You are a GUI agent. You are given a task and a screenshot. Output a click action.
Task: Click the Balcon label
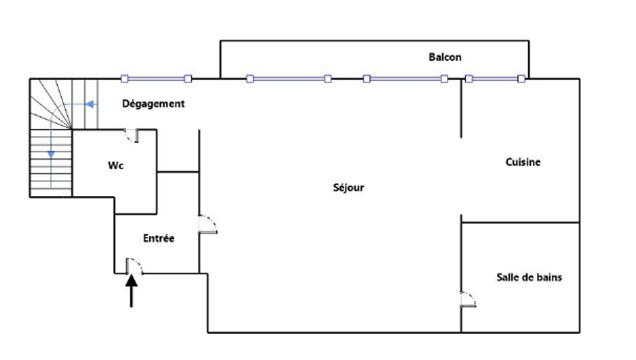click(x=445, y=57)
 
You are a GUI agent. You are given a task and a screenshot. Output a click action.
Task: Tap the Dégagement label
click(x=153, y=103)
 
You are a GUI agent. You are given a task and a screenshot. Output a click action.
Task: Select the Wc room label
click(x=115, y=165)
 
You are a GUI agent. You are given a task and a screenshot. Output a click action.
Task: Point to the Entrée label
click(x=158, y=239)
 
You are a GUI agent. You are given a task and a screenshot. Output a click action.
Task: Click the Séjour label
click(x=349, y=188)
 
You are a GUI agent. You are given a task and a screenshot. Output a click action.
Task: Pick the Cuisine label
click(x=523, y=162)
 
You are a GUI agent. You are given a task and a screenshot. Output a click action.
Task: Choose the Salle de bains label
click(x=529, y=277)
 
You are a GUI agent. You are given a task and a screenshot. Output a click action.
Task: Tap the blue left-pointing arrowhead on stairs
click(x=90, y=104)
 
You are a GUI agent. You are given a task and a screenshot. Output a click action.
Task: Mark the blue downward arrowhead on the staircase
click(x=51, y=153)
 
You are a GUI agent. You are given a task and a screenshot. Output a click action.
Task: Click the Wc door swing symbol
click(x=132, y=135)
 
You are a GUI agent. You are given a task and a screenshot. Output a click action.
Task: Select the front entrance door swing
click(x=134, y=266)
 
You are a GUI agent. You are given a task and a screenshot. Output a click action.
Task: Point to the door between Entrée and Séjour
click(x=207, y=225)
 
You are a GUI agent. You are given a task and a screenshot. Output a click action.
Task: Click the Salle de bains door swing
click(x=468, y=299)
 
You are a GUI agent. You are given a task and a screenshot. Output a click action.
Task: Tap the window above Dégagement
click(x=156, y=79)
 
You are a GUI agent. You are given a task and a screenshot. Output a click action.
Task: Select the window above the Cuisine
click(x=495, y=79)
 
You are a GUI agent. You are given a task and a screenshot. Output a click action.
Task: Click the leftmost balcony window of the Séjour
click(x=289, y=79)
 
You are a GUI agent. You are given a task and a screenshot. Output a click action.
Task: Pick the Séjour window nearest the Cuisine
click(x=405, y=79)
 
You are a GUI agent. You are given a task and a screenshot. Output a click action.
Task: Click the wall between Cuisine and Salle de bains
click(x=520, y=223)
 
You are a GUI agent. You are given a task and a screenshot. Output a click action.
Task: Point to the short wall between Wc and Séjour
click(x=178, y=172)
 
